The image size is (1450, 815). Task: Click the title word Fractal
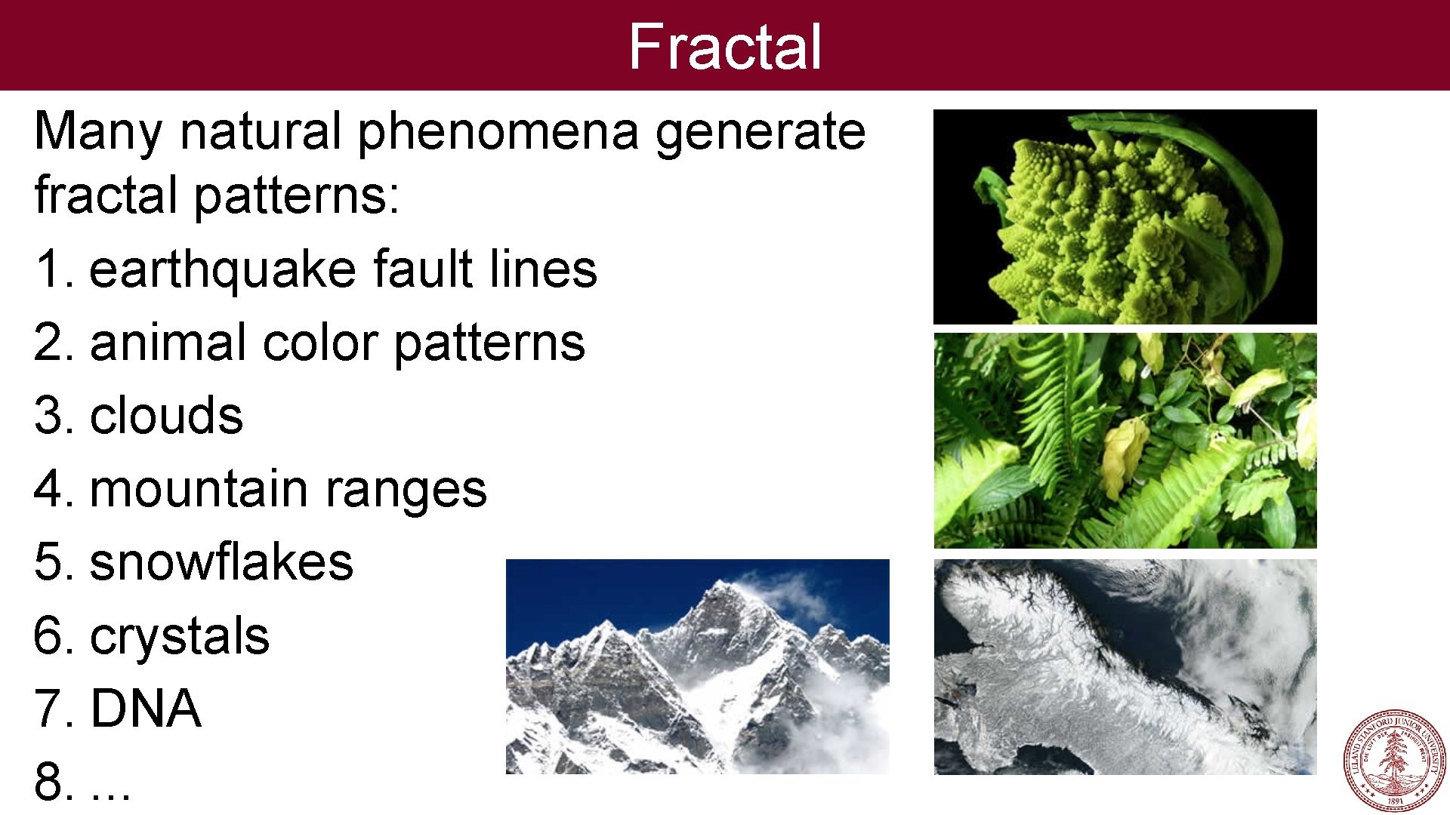[724, 47]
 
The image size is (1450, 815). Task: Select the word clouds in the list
[166, 416]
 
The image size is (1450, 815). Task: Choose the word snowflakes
[221, 562]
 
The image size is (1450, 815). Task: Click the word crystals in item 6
[179, 635]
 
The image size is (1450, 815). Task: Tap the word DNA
[145, 709]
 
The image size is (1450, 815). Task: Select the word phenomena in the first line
[498, 132]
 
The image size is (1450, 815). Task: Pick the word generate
[759, 132]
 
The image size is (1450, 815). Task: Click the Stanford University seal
[1394, 761]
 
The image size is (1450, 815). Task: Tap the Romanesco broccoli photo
[1125, 217]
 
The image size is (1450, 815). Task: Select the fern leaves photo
[1125, 441]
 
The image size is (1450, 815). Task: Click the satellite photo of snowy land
[1125, 667]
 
